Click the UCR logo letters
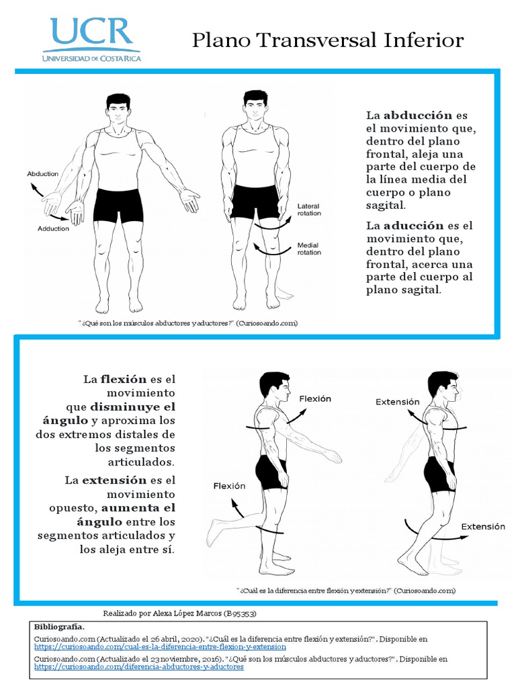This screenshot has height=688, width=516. [x=91, y=32]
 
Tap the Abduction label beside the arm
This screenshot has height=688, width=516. [x=42, y=174]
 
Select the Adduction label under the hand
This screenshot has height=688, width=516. [x=53, y=228]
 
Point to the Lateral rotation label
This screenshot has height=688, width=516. [x=309, y=210]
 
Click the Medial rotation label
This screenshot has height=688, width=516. [x=309, y=249]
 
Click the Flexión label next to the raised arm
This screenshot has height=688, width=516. [x=315, y=398]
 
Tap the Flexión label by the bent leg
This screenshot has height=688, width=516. [x=229, y=486]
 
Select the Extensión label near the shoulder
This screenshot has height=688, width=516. [x=397, y=402]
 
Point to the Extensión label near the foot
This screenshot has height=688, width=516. [x=482, y=527]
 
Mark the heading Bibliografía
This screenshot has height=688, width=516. [x=59, y=626]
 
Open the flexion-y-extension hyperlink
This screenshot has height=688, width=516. [x=160, y=646]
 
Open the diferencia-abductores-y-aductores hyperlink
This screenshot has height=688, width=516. [x=138, y=668]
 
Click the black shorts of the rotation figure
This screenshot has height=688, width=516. [x=255, y=202]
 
